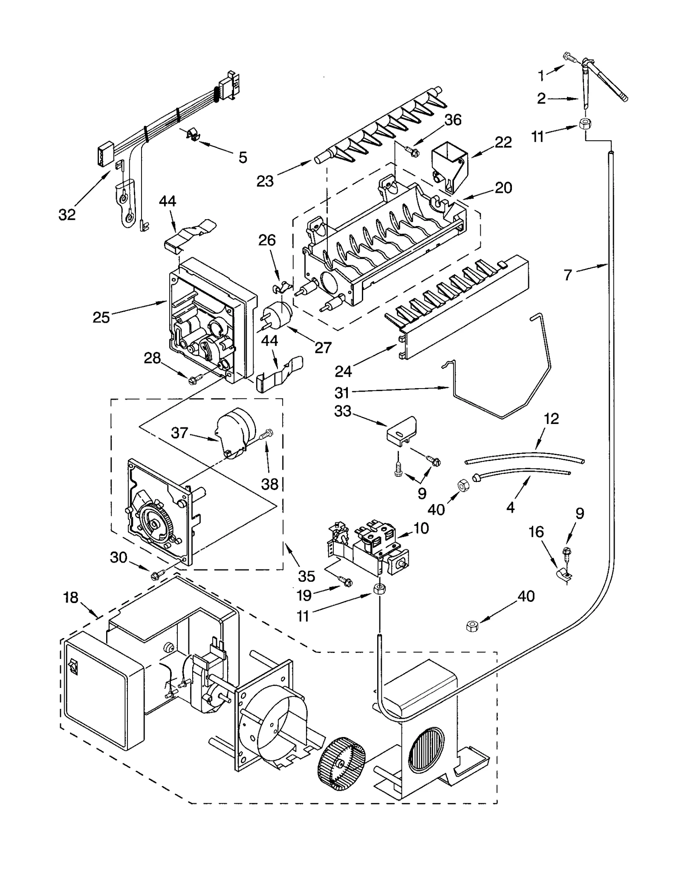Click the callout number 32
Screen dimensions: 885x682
coord(67,215)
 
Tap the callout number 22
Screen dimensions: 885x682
coord(503,142)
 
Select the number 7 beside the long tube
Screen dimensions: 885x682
coord(567,275)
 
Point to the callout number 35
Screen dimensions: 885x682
coord(306,576)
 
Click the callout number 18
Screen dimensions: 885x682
coord(71,598)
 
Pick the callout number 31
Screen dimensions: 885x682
coord(342,392)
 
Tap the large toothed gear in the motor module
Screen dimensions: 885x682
coord(156,522)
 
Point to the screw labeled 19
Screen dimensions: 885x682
coord(346,581)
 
